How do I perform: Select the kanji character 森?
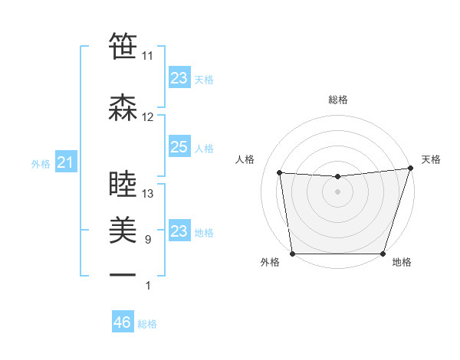click(x=123, y=107)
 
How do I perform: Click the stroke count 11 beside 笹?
click(x=147, y=56)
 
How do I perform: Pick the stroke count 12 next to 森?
click(x=147, y=117)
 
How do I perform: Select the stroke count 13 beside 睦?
click(x=148, y=194)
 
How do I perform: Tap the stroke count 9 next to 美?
click(x=147, y=240)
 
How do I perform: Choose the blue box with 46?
click(x=123, y=322)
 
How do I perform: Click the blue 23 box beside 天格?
click(x=179, y=77)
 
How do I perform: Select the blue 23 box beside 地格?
click(x=179, y=231)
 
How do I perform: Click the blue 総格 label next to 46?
click(x=147, y=324)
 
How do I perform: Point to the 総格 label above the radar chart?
click(x=337, y=100)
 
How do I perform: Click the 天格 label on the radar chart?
click(x=431, y=159)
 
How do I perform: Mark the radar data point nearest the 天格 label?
click(x=410, y=169)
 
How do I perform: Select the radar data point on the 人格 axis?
click(x=280, y=173)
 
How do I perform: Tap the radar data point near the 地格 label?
click(x=383, y=254)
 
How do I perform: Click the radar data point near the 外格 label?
click(x=292, y=254)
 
